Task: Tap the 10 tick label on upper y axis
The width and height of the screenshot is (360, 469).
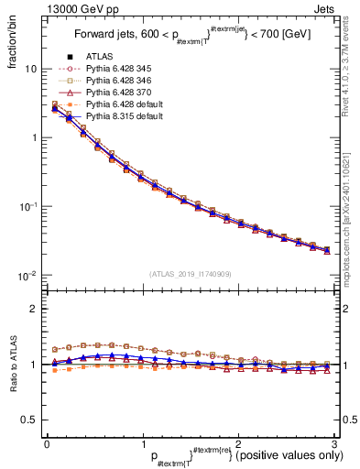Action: [x=30, y=69]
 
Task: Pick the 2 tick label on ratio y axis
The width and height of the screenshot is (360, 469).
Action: [x=34, y=310]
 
